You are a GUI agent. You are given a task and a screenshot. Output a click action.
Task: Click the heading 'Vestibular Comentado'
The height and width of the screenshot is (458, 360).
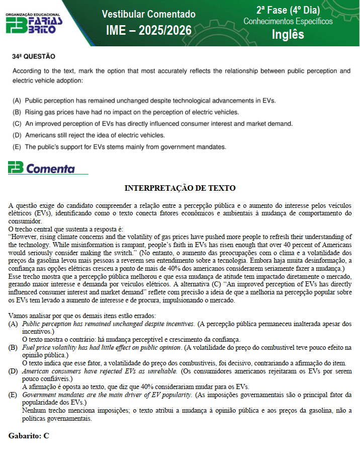pos(148,14)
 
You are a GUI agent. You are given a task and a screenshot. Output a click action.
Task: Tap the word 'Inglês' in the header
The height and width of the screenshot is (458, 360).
pos(288,34)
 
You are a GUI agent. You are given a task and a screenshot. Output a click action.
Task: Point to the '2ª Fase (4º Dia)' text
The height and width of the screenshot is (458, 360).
pos(287,10)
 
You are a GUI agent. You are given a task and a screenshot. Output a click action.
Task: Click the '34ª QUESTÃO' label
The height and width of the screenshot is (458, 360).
pos(34,56)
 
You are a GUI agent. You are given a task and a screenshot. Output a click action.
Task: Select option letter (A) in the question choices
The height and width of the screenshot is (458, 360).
pos(17,101)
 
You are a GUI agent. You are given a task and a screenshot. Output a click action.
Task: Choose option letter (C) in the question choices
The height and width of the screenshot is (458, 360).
pos(17,124)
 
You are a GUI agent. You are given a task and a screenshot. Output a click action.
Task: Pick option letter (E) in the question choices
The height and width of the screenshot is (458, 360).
pos(17,147)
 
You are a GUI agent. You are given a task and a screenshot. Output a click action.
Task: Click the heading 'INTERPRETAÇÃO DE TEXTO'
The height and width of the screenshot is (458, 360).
pos(180,189)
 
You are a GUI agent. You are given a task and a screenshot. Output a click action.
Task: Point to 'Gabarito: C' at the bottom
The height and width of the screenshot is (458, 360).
pos(29,436)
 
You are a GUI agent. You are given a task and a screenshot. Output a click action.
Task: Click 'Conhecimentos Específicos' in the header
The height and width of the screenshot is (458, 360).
pos(288,21)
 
